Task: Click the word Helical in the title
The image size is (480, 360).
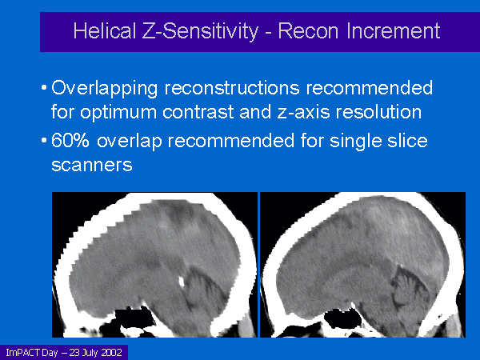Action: (105, 31)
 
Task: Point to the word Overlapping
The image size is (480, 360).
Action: (104, 89)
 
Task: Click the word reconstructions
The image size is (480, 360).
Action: (232, 87)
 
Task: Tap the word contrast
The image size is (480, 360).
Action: (198, 112)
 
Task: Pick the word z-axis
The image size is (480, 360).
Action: (303, 112)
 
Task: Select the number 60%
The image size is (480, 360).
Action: (70, 140)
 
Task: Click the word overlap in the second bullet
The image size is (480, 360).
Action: (129, 141)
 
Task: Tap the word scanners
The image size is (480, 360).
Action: (91, 165)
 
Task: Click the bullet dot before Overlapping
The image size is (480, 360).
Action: (44, 88)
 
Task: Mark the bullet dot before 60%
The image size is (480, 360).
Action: (44, 141)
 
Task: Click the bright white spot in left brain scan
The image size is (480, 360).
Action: (182, 282)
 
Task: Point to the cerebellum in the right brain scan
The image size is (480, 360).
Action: (410, 288)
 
